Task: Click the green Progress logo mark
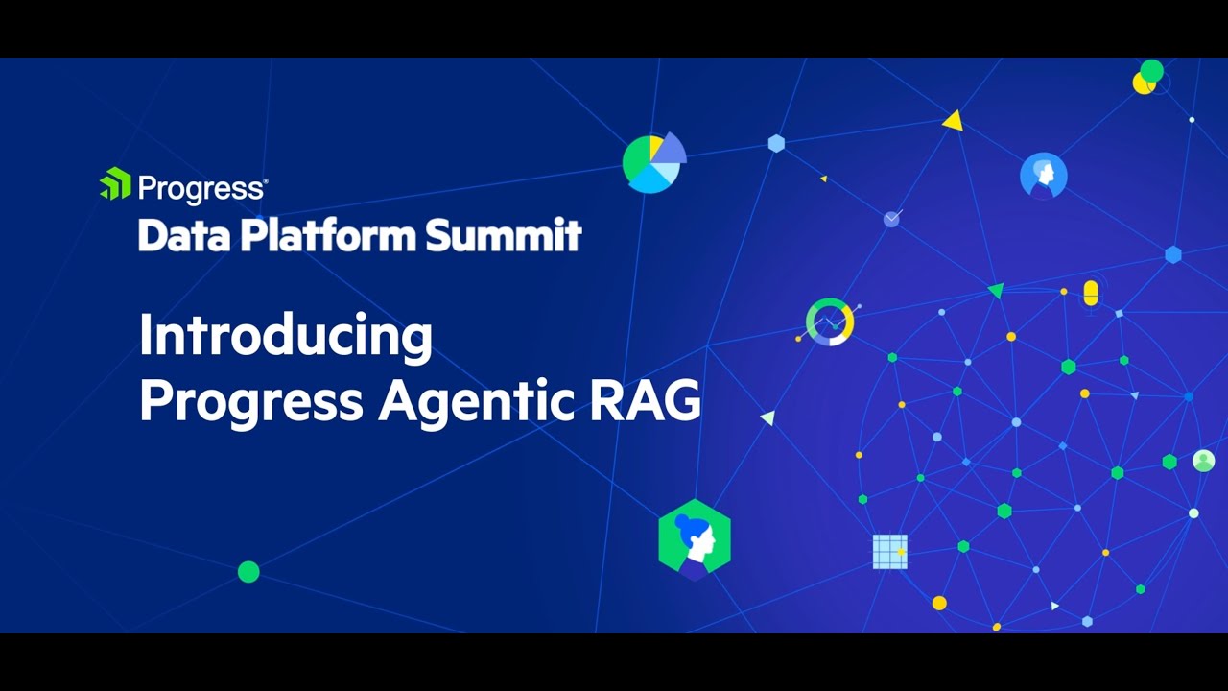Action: pyautogui.click(x=115, y=183)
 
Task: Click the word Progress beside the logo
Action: pyautogui.click(x=201, y=187)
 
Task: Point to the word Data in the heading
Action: pyautogui.click(x=183, y=234)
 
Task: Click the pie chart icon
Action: pyautogui.click(x=653, y=162)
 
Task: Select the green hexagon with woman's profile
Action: pyautogui.click(x=695, y=539)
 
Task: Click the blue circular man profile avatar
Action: pyautogui.click(x=1044, y=176)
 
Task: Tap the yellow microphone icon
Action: pyautogui.click(x=1090, y=294)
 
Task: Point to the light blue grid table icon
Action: pyautogui.click(x=889, y=552)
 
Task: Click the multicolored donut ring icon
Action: pyautogui.click(x=830, y=322)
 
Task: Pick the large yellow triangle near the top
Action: pyautogui.click(x=953, y=121)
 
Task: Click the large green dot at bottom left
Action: pyautogui.click(x=248, y=572)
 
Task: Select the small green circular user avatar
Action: pyautogui.click(x=1203, y=461)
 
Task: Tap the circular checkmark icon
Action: pyautogui.click(x=892, y=219)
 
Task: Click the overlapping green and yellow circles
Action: pyautogui.click(x=1147, y=77)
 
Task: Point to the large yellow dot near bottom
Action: pyautogui.click(x=939, y=603)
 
